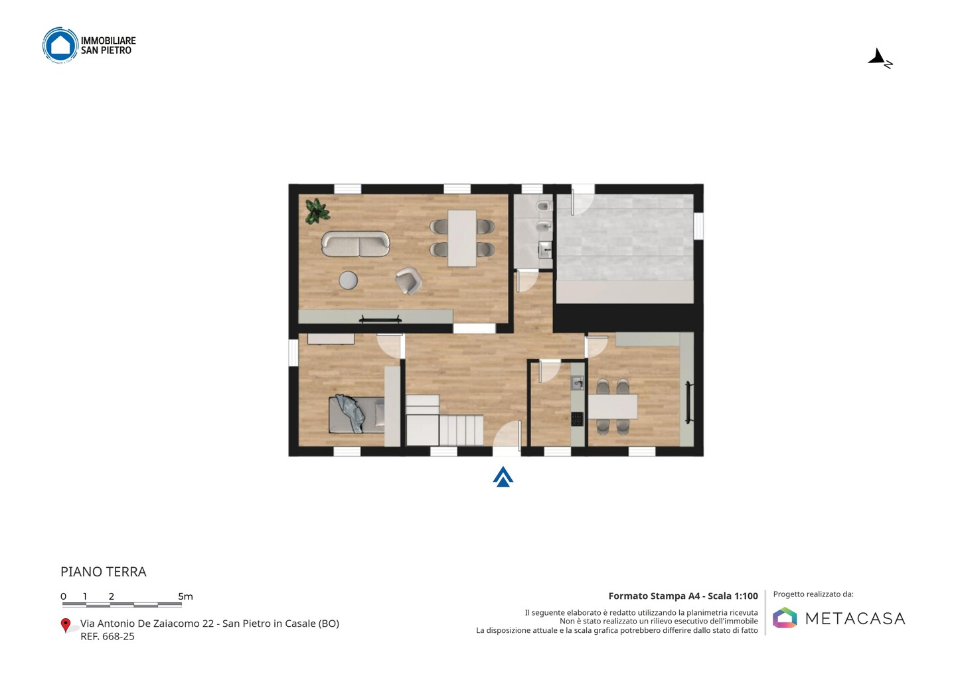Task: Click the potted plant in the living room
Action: pos(317,211)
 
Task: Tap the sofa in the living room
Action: pos(356,244)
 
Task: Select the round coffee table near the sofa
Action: pos(349,280)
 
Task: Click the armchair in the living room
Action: pos(408,280)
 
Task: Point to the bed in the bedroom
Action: pos(357,415)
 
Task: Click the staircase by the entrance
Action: pos(444,420)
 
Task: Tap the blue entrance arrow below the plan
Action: pos(503,477)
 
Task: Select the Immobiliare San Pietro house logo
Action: pos(60,44)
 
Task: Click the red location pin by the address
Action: pos(65,626)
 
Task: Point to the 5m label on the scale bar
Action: pos(186,596)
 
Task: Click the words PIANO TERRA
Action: pos(104,572)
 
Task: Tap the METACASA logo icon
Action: pos(785,618)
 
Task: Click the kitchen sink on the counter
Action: pos(578,382)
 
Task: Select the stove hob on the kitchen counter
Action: pos(578,419)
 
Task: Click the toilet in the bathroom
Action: pos(544,207)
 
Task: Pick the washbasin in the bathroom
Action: pos(546,250)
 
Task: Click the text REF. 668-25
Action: pos(108,636)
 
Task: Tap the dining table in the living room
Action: pos(462,238)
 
